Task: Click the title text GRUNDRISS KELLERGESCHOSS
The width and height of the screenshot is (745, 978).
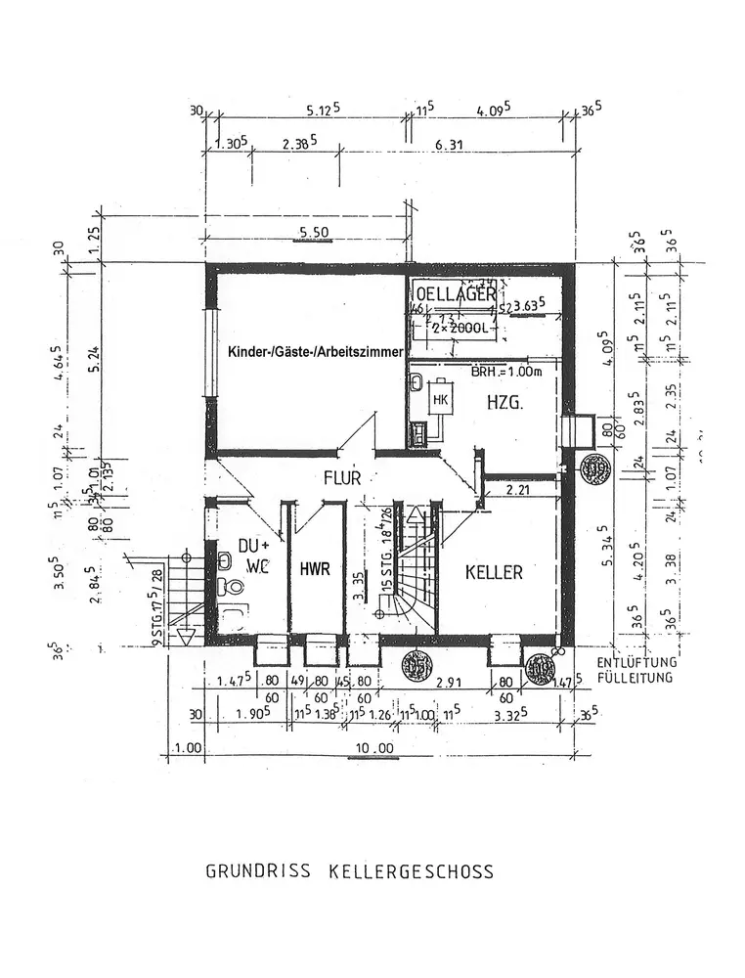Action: pyautogui.click(x=349, y=870)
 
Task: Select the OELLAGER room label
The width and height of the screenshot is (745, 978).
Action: pyautogui.click(x=456, y=294)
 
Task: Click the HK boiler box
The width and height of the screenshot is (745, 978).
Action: pyautogui.click(x=440, y=400)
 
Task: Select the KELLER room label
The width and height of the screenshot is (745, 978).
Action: pyautogui.click(x=494, y=572)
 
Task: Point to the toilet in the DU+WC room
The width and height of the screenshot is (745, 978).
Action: pyautogui.click(x=231, y=588)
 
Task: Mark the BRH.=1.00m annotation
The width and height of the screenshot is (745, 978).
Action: pyautogui.click(x=506, y=373)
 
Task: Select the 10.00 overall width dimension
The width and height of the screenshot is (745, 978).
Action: pyautogui.click(x=372, y=749)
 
